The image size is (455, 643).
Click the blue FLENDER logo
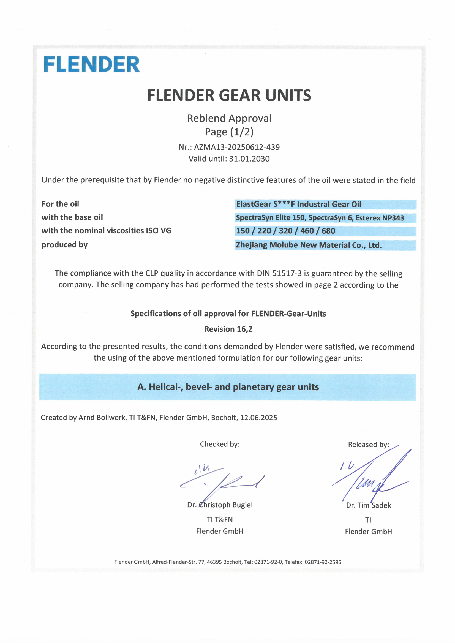[92, 64]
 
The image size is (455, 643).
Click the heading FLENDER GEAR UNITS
[229, 95]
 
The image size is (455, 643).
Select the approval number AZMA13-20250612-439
[237, 147]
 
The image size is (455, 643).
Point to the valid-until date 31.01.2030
[249, 159]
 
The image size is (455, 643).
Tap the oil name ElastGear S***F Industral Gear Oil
[298, 204]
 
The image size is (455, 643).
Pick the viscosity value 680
[328, 231]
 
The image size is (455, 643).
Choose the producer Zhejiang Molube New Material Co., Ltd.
[309, 245]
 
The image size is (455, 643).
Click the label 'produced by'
[64, 245]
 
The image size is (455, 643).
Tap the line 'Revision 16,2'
[228, 329]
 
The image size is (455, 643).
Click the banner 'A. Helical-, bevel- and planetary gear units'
[228, 387]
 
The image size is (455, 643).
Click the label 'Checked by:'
[220, 444]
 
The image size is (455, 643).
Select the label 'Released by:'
[368, 445]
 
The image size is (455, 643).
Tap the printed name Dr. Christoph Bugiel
[220, 505]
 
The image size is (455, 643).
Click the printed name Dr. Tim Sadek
[368, 505]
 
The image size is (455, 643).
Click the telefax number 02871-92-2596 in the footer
[323, 562]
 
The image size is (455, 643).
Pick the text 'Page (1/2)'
[229, 132]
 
